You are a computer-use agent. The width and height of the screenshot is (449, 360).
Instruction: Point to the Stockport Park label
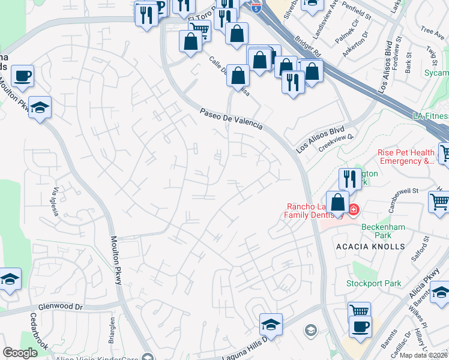[373, 283]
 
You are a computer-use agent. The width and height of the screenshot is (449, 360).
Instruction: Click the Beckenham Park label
[384, 231]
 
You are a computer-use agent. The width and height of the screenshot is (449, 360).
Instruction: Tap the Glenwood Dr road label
[60, 307]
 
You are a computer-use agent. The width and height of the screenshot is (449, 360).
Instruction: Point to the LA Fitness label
[431, 115]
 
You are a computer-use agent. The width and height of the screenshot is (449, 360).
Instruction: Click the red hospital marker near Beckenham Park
[354, 209]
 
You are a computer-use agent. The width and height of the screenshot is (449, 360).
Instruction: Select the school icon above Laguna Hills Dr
[271, 325]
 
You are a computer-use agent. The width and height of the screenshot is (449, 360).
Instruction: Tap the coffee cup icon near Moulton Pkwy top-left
[22, 76]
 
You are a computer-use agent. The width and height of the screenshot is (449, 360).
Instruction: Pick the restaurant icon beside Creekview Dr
[349, 179]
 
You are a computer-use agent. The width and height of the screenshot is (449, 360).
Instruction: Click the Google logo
[20, 353]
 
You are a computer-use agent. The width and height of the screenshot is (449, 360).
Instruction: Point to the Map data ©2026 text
[423, 355]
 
